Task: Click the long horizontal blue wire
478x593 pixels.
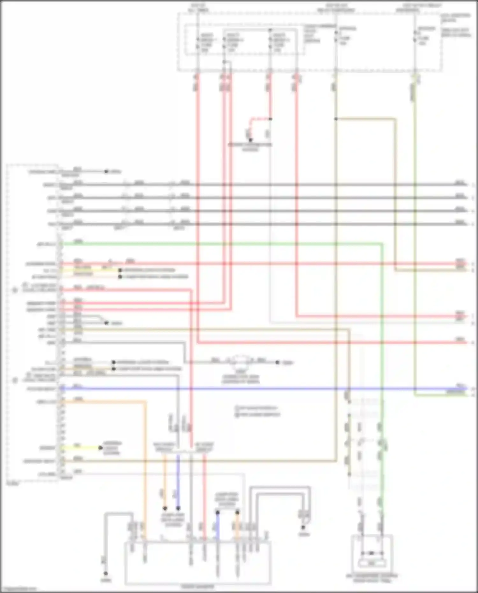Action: pos(255,389)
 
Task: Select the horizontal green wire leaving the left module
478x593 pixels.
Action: pos(223,244)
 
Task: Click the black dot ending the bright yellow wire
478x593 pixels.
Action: pos(100,448)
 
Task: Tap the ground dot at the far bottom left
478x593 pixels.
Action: pos(106,574)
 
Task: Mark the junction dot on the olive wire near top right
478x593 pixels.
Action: pos(336,119)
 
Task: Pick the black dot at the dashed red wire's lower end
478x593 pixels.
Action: pos(250,140)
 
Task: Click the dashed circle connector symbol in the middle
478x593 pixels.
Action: pos(241,360)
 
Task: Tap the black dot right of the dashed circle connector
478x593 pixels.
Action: pos(278,362)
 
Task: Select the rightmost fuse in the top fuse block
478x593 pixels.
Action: pos(415,36)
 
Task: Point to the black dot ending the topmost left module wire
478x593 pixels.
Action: pos(106,171)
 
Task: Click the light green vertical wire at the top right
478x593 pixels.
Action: pos(415,223)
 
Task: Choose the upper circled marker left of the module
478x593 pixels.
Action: pos(15,290)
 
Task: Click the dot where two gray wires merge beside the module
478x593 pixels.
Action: pos(106,323)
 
